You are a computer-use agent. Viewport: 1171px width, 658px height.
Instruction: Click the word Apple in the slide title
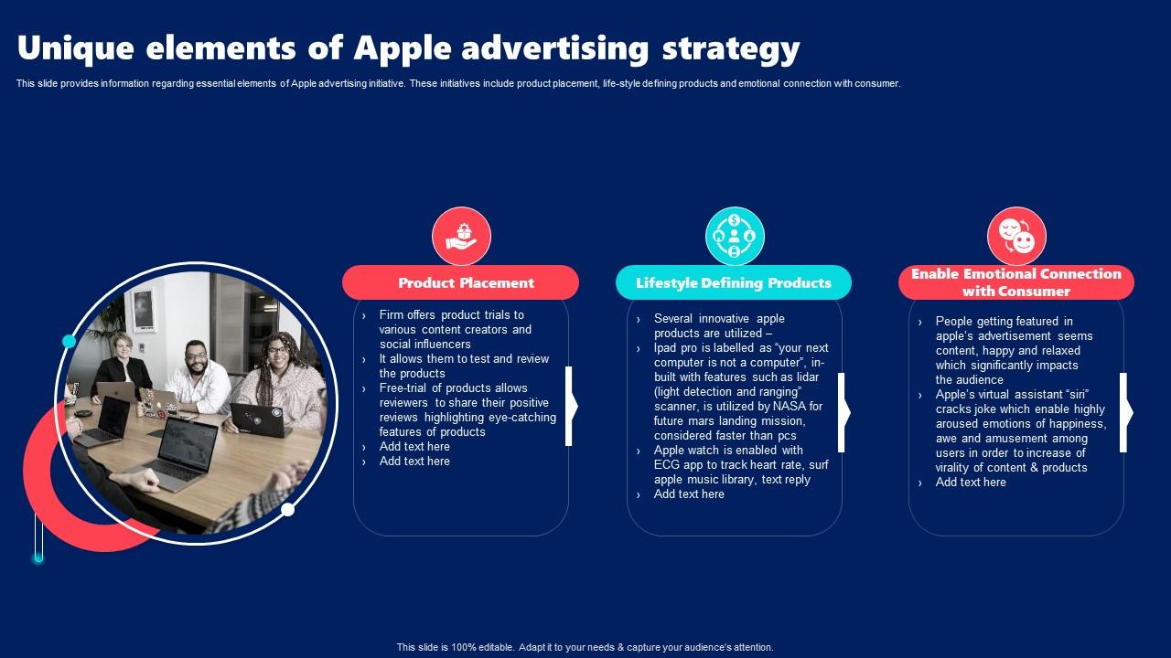[x=402, y=49]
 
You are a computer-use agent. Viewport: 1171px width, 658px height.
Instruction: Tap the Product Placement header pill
[x=460, y=282]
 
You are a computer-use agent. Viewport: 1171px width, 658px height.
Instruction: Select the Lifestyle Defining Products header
[x=734, y=282]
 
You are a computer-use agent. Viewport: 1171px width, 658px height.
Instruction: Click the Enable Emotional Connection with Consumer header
[x=1016, y=282]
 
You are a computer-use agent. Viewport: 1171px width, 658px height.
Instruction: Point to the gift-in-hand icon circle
[x=462, y=236]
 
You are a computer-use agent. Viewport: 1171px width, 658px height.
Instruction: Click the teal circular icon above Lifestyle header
[x=735, y=236]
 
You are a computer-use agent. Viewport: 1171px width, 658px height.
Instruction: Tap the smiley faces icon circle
[x=1016, y=236]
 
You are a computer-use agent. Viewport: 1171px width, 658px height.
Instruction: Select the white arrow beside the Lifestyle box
[x=844, y=412]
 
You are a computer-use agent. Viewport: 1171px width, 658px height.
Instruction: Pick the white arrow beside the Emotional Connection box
[x=1126, y=412]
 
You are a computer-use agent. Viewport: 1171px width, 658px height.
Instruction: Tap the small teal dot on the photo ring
[x=69, y=342]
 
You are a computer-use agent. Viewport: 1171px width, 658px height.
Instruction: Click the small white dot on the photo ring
[x=287, y=510]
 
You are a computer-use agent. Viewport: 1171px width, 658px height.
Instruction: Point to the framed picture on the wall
[x=144, y=310]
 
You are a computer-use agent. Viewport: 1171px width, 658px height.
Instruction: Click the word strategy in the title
[x=731, y=49]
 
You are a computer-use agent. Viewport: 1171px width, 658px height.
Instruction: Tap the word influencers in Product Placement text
[x=440, y=345]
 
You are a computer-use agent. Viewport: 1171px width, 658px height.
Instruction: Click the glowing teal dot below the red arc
[x=38, y=558]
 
